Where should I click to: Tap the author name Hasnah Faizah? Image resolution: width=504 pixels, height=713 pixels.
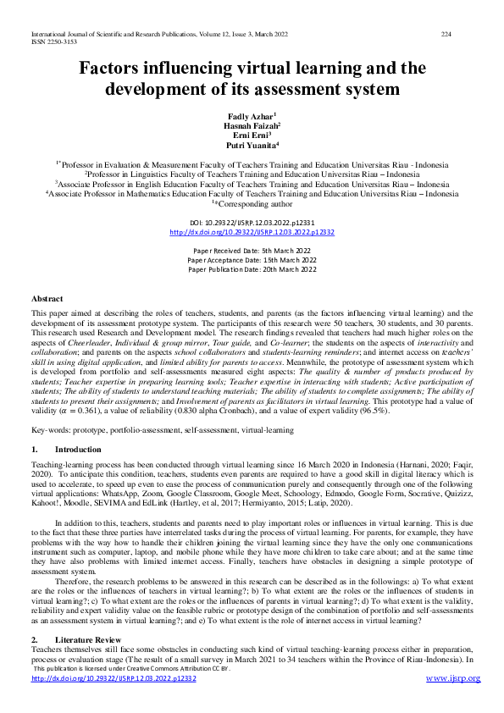[252, 124]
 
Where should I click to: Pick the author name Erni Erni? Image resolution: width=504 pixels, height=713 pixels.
[252, 135]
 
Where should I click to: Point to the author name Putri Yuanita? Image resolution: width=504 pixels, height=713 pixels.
[252, 145]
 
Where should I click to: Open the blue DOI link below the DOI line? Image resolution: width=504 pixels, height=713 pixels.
[252, 232]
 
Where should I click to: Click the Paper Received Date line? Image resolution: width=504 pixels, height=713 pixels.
[252, 251]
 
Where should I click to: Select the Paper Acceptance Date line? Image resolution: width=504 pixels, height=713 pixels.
[252, 260]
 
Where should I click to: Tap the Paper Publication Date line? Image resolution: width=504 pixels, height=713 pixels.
[252, 269]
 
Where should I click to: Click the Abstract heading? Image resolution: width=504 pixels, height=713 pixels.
[47, 299]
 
